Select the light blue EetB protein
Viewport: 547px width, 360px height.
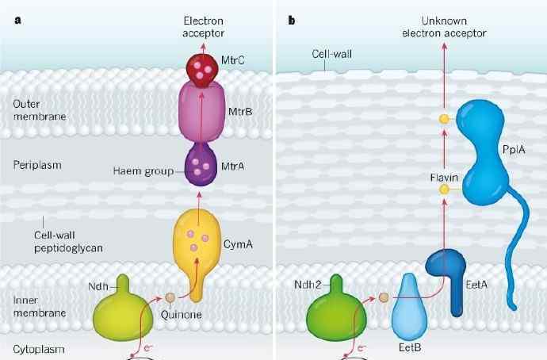coord(411,308)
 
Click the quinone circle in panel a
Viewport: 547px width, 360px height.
coord(170,299)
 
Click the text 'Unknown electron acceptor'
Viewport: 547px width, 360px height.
coord(444,27)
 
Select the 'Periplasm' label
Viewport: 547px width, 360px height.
coord(37,165)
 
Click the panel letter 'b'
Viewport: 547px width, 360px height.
coord(292,19)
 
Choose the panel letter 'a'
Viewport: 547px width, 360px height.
coord(17,19)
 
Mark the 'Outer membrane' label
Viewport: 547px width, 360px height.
coord(37,109)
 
